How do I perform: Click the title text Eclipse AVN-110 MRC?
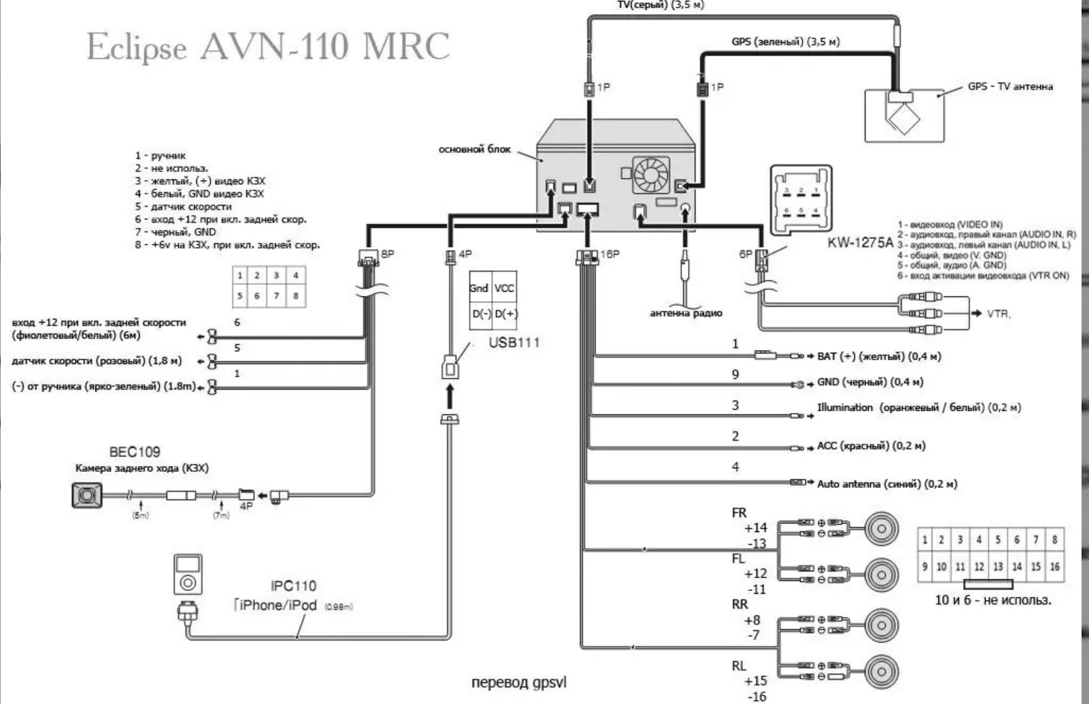pos(268,47)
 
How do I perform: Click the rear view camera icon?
pos(87,496)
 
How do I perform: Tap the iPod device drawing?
pos(188,575)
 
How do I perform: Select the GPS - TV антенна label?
pos(1010,87)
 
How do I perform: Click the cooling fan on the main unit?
pos(650,175)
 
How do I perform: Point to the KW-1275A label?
pos(859,242)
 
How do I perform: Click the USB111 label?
pos(514,343)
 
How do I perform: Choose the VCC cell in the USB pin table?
pos(505,288)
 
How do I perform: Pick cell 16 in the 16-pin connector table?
pos(1054,567)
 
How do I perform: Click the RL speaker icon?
pos(882,672)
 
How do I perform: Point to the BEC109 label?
pos(135,452)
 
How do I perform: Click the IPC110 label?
pos(293,586)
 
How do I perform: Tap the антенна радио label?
pos(685,313)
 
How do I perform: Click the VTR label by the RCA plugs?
pos(998,314)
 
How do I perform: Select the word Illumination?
pos(845,408)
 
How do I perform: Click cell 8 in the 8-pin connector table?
pos(295,296)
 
